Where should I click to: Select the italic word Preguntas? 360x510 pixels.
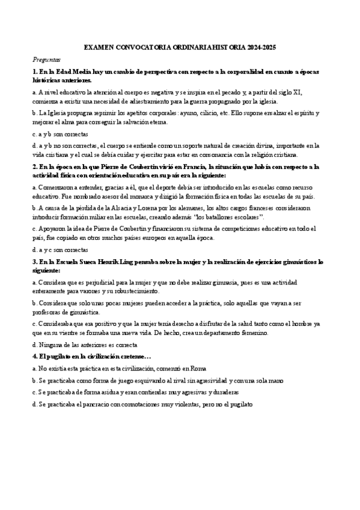(x=46, y=60)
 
